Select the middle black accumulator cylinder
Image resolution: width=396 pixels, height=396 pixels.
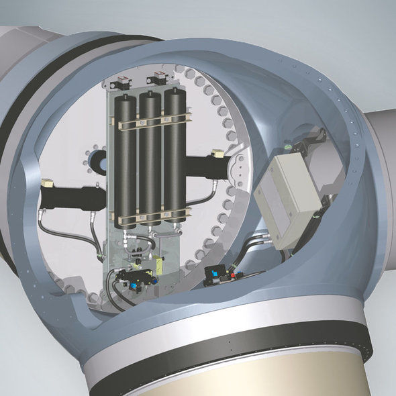[150, 161]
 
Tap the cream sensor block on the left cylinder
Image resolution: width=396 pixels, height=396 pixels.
[47, 183]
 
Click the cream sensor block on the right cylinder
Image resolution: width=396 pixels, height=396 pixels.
[216, 154]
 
